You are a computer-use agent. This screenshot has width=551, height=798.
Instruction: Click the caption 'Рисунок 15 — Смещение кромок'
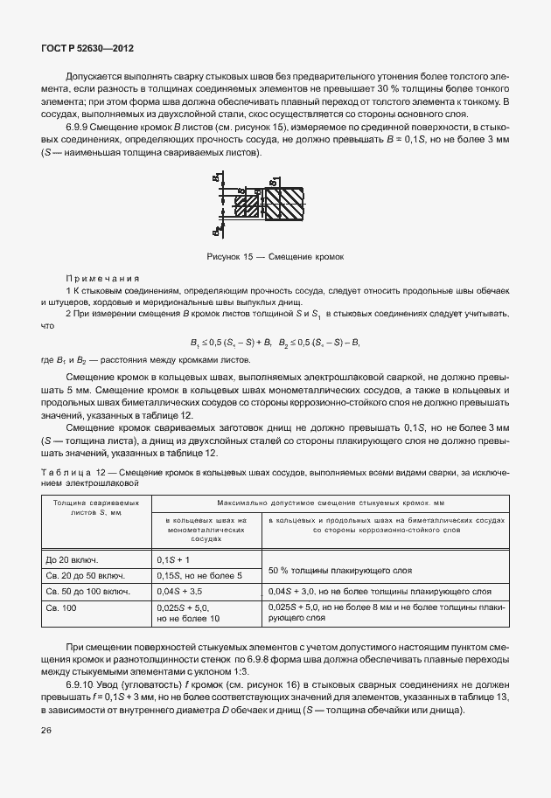coord(275,258)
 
